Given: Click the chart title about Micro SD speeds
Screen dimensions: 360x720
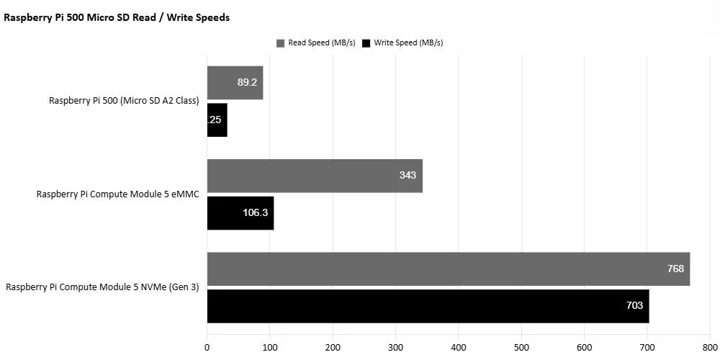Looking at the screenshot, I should coord(117,18).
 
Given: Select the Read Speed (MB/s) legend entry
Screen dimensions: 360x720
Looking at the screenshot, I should coord(316,43).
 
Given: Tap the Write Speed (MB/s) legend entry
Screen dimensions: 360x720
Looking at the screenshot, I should coord(402,43).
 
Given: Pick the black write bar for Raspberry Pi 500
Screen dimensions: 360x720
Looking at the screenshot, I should coord(217,120).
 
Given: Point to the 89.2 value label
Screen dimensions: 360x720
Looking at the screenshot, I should coord(247,83).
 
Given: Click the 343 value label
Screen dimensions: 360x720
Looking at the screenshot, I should coord(408,176).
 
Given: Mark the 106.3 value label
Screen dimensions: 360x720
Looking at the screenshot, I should coord(256,213).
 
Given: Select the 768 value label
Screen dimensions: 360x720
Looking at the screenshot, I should coord(675,269).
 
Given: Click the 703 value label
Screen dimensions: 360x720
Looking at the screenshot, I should coord(634,306).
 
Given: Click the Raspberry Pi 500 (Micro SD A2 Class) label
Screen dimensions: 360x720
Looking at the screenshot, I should coord(124,101).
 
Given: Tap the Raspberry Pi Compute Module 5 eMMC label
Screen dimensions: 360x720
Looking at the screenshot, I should coord(117,194).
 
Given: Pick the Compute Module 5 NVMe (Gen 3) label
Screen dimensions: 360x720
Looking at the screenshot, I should coord(102,287).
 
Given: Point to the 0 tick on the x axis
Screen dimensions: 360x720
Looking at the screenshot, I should coord(207,347).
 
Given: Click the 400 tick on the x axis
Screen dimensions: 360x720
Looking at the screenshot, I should coord(459,347).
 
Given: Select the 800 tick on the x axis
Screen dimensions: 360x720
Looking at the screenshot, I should coord(710,347).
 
